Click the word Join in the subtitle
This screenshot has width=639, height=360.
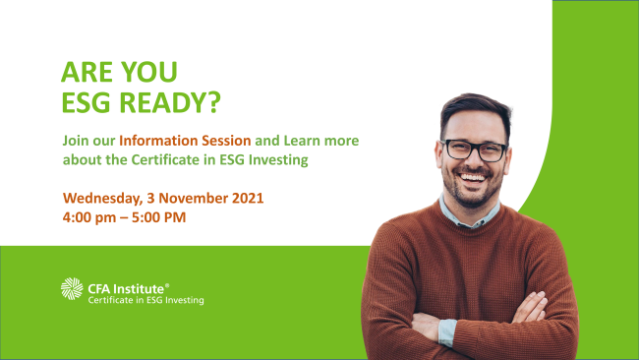[x=78, y=141]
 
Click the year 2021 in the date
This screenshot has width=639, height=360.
[x=247, y=198]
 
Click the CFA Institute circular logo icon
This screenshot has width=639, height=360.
[x=73, y=289]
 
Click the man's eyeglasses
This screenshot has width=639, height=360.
[x=473, y=150]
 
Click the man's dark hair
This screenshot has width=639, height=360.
[x=471, y=109]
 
